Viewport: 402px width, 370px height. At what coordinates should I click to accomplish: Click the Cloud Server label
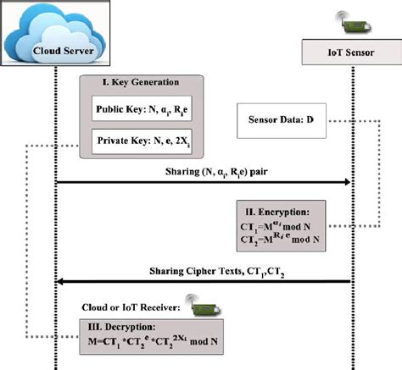(x=64, y=51)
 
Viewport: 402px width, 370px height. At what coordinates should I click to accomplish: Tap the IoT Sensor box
(x=352, y=52)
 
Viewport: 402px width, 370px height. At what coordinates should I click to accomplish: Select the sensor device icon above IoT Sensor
(x=354, y=23)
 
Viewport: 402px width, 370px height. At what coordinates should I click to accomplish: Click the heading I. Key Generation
(x=141, y=82)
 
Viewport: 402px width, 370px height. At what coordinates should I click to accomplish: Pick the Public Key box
(x=142, y=108)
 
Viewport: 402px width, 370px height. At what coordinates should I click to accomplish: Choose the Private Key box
(x=142, y=141)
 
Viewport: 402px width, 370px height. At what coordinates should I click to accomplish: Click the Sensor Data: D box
(x=282, y=120)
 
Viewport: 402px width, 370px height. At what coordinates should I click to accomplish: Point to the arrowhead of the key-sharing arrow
(x=348, y=182)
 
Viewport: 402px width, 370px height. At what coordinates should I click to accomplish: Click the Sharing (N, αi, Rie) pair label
(x=216, y=172)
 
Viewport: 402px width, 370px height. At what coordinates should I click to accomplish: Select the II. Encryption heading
(x=277, y=212)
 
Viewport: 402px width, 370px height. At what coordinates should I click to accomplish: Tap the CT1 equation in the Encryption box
(x=276, y=226)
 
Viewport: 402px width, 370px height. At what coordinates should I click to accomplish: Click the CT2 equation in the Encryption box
(x=280, y=239)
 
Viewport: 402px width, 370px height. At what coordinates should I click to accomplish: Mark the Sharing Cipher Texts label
(x=217, y=272)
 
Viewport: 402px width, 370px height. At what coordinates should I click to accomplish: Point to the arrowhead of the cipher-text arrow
(x=60, y=281)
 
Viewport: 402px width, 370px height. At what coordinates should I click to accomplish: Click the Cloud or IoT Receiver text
(x=131, y=307)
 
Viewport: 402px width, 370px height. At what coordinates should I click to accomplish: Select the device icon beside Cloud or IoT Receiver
(x=203, y=306)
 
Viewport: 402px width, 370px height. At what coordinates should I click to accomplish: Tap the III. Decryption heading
(x=121, y=327)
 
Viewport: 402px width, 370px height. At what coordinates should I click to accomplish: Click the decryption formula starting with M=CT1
(x=153, y=341)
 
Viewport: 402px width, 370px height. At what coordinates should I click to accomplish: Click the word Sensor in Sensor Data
(x=261, y=119)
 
